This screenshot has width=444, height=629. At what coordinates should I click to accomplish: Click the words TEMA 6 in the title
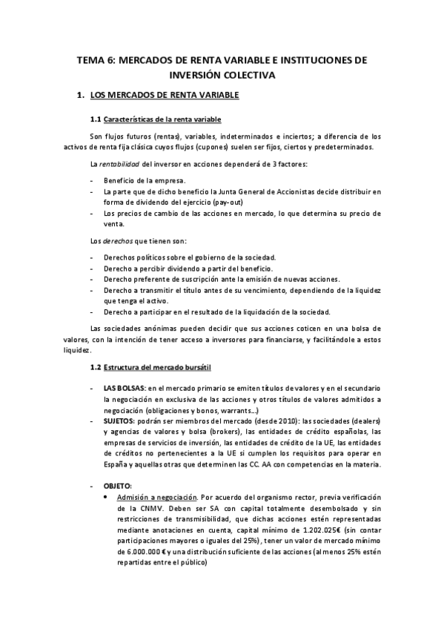pos(99,61)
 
